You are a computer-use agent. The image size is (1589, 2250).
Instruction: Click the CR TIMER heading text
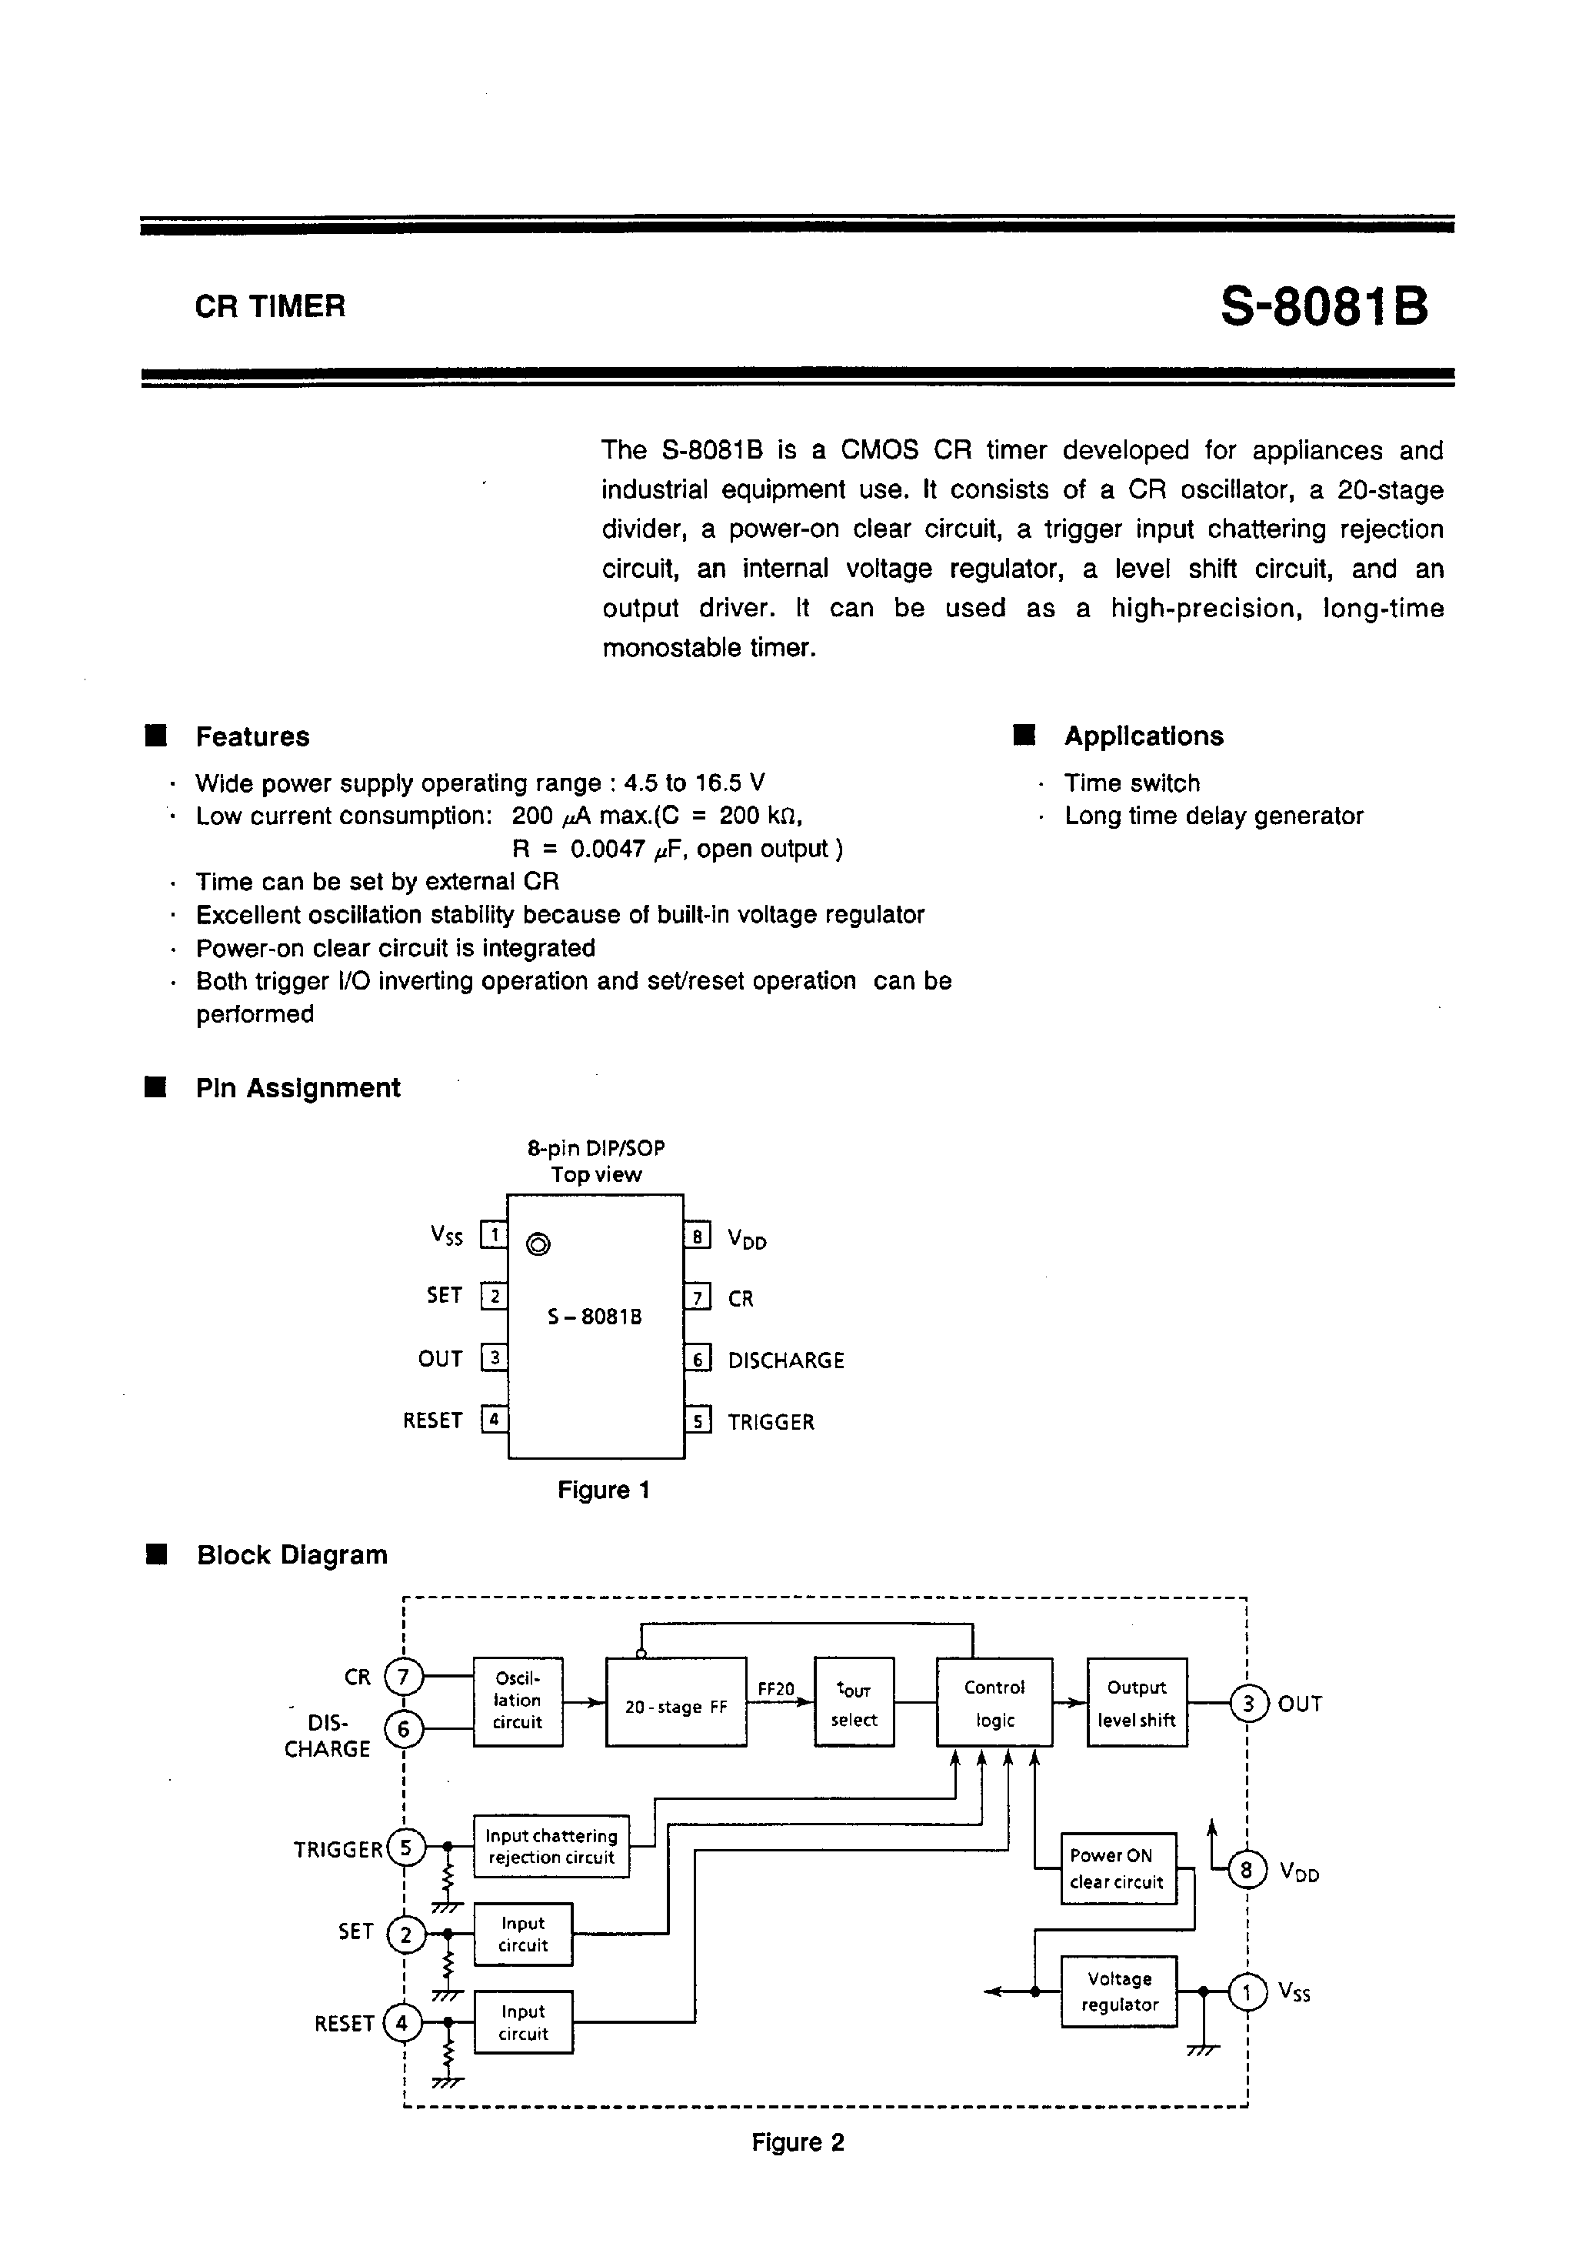(271, 307)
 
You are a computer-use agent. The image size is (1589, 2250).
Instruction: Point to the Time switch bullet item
(1131, 783)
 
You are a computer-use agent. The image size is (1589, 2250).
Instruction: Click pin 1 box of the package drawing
(494, 1235)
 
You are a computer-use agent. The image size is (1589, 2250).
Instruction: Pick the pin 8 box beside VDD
(697, 1236)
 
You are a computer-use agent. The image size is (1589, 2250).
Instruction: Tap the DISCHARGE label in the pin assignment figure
(786, 1360)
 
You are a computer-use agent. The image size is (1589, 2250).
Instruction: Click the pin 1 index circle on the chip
(538, 1244)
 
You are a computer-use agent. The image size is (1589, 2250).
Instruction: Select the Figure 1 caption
(604, 1491)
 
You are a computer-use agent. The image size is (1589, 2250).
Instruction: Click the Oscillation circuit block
(518, 1701)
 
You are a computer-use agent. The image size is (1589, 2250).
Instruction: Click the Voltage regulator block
(1119, 1992)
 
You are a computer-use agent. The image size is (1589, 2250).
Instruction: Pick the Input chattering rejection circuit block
(551, 1846)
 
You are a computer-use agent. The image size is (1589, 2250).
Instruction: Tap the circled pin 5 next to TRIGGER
(407, 1848)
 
